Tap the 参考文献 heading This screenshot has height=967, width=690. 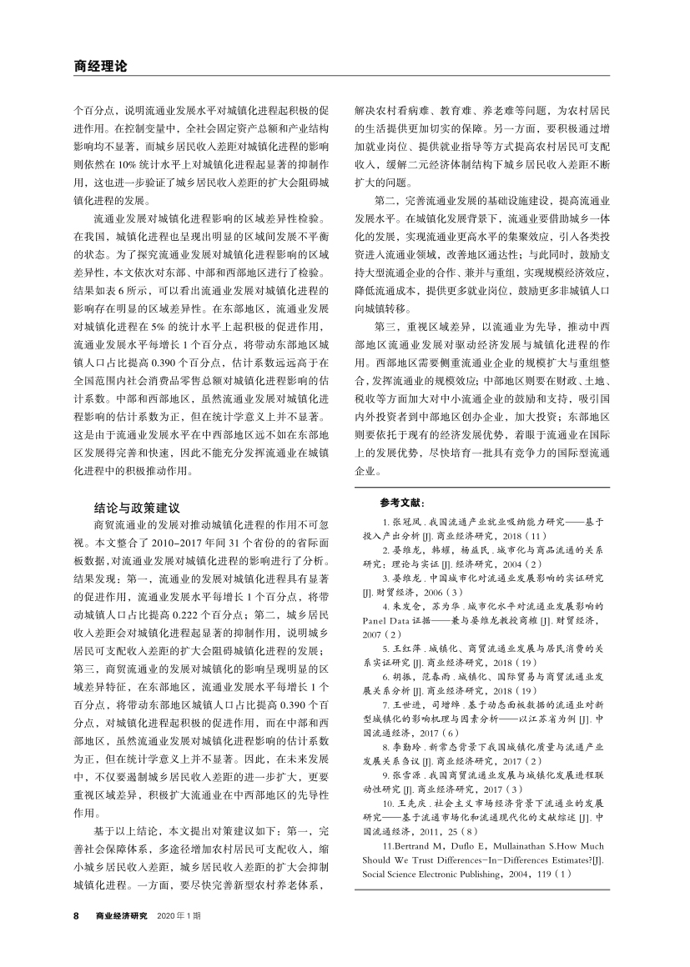point(402,503)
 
